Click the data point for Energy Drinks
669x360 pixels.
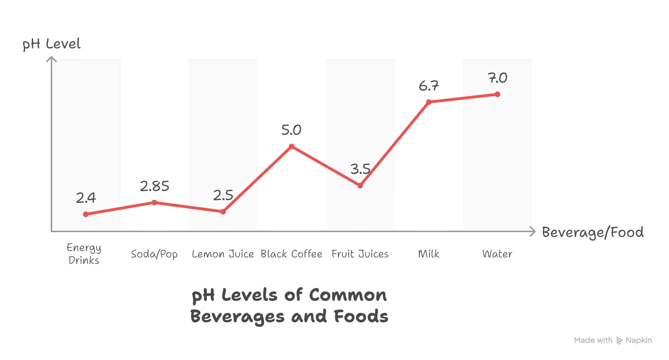[86, 214]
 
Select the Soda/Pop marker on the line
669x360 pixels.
[154, 202]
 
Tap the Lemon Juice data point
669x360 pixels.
[223, 212]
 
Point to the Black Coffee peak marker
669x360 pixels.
[292, 146]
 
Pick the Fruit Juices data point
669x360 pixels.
[360, 185]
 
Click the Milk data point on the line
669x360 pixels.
[429, 102]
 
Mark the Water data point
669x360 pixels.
[498, 94]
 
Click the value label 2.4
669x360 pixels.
[86, 198]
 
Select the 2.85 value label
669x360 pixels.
[155, 186]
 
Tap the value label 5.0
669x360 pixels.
[291, 130]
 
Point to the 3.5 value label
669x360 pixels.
[360, 169]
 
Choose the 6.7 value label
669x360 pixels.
[429, 86]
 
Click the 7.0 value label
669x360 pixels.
[498, 78]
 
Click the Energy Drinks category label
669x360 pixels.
[84, 254]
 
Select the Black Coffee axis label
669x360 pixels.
[291, 254]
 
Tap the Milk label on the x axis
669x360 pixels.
[429, 254]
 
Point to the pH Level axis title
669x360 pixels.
[51, 44]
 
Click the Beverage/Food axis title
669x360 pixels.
[593, 232]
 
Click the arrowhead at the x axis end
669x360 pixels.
[533, 231]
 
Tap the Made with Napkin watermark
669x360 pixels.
[613, 340]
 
